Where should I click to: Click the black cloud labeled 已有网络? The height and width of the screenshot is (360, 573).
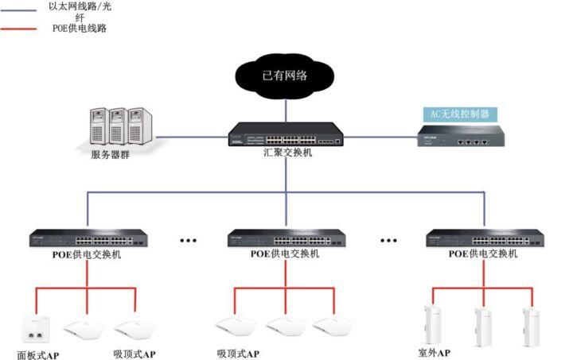pyautogui.click(x=284, y=75)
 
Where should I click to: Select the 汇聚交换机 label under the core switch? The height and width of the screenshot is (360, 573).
pyautogui.click(x=286, y=152)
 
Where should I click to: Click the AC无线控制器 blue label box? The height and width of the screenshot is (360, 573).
pyautogui.click(x=459, y=114)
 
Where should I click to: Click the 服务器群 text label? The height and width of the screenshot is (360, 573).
pyautogui.click(x=111, y=154)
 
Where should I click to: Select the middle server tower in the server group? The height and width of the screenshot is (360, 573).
pyautogui.click(x=120, y=125)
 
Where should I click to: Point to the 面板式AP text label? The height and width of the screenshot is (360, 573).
pyautogui.click(x=38, y=354)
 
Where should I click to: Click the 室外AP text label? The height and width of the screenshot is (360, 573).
pyautogui.click(x=435, y=352)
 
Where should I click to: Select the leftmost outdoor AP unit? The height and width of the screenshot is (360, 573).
pyautogui.click(x=435, y=323)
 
